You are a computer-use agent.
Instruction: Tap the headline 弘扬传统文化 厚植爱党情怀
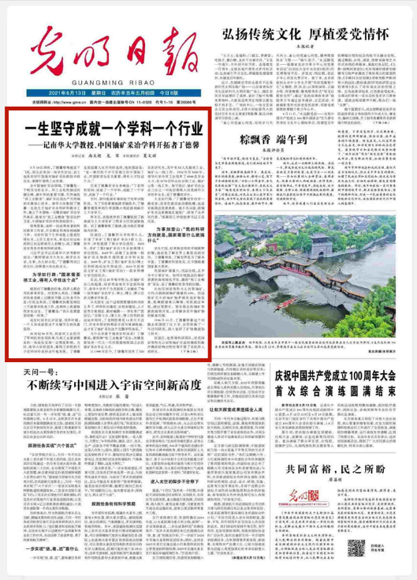pos(307,34)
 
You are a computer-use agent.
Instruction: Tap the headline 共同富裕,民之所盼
pos(341,447)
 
